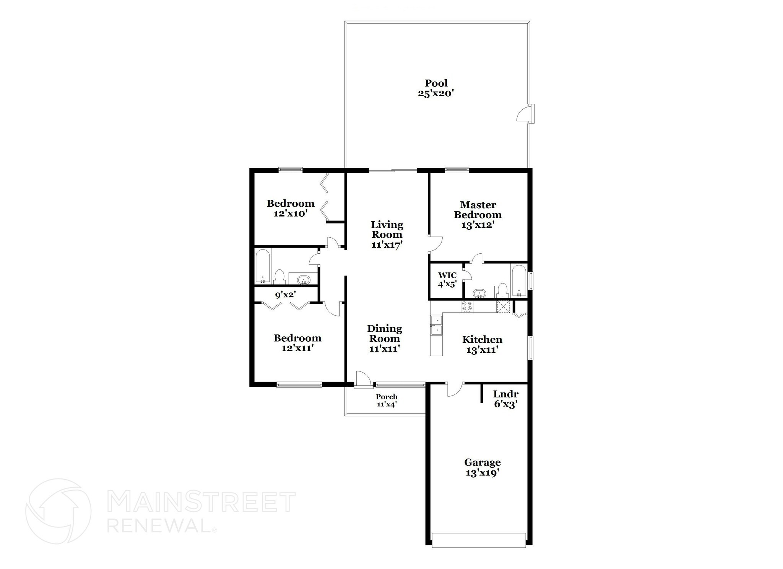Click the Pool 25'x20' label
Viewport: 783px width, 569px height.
point(436,88)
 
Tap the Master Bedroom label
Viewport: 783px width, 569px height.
point(478,215)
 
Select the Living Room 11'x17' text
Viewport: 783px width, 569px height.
point(387,235)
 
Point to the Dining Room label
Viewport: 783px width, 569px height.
point(384,339)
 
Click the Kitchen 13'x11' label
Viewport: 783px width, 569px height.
point(482,344)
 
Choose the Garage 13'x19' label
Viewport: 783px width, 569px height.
point(482,467)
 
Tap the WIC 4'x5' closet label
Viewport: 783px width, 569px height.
point(447,279)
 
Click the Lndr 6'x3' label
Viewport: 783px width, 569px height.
point(505,399)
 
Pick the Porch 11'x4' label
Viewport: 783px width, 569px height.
point(387,400)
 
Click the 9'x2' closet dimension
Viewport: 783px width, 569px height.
point(286,295)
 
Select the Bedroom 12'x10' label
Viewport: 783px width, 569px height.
point(291,208)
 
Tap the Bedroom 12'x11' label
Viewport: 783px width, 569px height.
point(297,343)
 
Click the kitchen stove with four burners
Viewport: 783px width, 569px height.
point(467,306)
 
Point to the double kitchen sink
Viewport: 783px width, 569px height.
point(436,326)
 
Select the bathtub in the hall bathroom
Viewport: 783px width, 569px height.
point(263,266)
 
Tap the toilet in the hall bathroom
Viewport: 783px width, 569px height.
point(280,276)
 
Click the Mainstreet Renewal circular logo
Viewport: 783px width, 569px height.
point(58,511)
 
